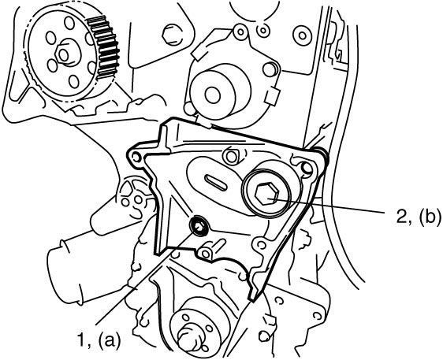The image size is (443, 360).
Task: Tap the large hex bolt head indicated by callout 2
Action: pos(266,193)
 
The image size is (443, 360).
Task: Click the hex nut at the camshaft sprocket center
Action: pos(63,55)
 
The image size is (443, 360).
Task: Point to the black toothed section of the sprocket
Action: pos(104,47)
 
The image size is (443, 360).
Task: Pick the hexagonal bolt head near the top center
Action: pos(170,34)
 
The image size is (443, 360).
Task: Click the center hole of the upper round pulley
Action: pos(213,95)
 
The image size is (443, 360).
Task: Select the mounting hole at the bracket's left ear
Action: pos(136,157)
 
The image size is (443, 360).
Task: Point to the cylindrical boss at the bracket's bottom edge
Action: pos(206,251)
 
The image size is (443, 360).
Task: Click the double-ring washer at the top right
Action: pos(303,35)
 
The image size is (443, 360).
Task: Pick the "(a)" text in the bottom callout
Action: pos(110,340)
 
